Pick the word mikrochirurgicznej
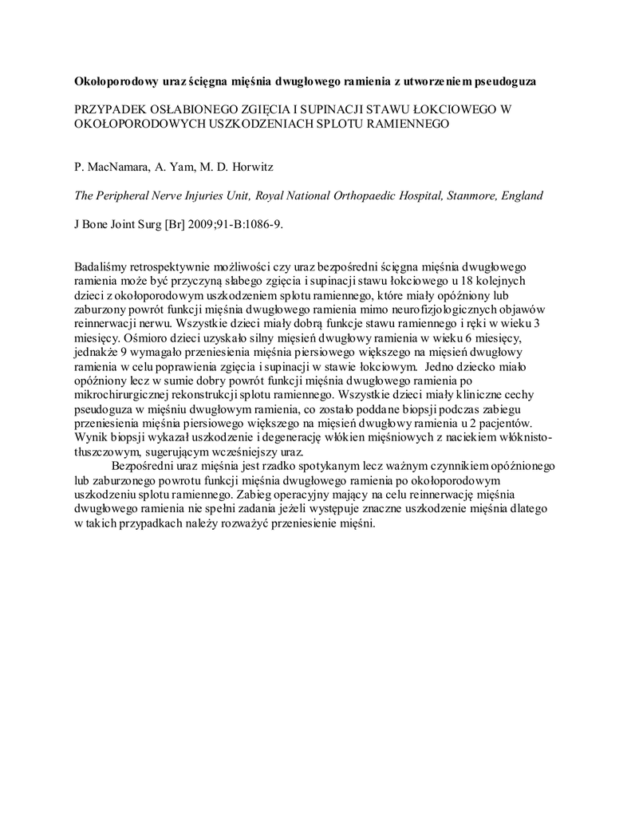coord(124,393)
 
